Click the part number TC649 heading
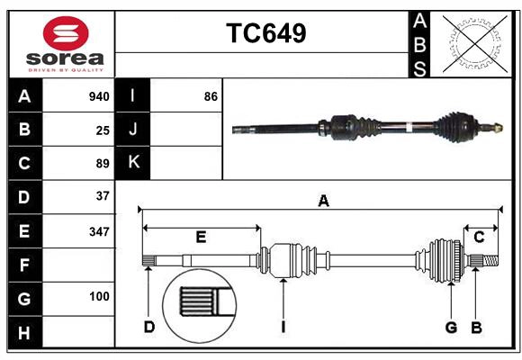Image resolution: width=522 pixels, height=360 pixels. coord(265,33)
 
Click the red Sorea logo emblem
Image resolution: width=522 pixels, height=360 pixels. coord(67,33)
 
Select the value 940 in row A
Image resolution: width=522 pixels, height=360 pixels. coord(99,96)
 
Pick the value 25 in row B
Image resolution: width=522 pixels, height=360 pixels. coord(103,130)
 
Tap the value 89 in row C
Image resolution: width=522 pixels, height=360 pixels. coord(103,164)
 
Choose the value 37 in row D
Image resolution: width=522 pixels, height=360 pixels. coord(103,196)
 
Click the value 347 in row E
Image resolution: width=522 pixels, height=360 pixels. coord(99,231)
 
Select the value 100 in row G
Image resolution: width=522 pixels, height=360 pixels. coord(99,296)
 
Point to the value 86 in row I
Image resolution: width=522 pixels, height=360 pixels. coord(211,96)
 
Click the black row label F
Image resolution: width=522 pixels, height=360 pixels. coord(24,265)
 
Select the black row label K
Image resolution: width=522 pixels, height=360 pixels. coord(133,163)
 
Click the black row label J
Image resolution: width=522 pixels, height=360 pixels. coord(133,130)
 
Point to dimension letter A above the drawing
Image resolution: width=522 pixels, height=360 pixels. coord(323,202)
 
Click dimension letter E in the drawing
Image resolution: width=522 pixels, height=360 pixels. coord(201,237)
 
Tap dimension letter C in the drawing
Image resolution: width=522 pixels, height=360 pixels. coord(479,237)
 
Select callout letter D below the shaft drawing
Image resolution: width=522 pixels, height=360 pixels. coord(149,327)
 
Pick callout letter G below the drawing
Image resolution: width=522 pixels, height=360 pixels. coord(452,327)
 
